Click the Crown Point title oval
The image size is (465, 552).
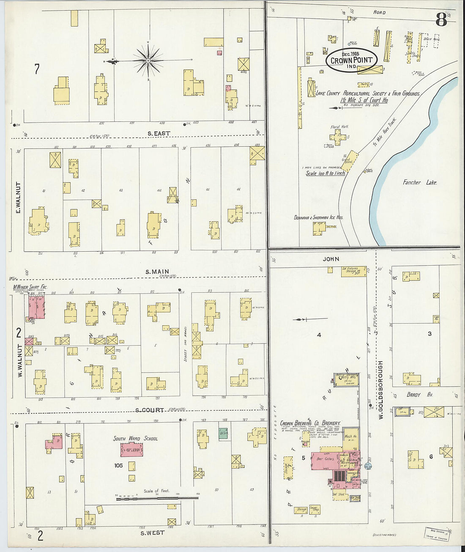(351, 60)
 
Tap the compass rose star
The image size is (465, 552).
(148, 61)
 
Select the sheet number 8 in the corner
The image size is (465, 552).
(441, 19)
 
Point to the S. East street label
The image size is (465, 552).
(159, 133)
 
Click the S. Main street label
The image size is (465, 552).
(157, 272)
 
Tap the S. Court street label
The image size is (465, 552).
(150, 410)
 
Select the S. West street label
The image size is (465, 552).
(152, 533)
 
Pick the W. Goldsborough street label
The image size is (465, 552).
(380, 390)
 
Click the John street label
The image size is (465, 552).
(331, 259)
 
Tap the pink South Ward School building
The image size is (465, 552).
(131, 450)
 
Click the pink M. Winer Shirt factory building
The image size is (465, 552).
(36, 307)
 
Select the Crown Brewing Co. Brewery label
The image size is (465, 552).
(310, 423)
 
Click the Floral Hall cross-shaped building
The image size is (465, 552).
(337, 137)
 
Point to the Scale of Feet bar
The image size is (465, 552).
(157, 498)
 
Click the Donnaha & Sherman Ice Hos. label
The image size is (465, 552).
(318, 217)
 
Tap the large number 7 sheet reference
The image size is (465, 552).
(37, 69)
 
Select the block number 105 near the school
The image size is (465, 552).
(118, 465)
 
